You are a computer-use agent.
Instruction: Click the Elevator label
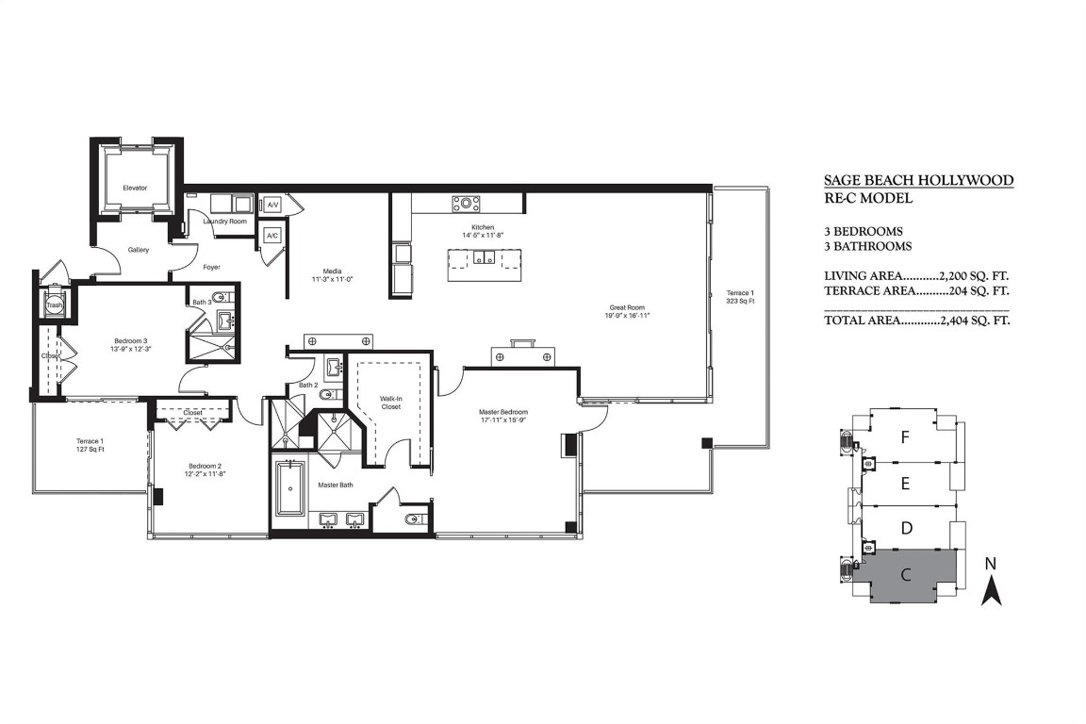[135, 188]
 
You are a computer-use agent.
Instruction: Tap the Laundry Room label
[225, 222]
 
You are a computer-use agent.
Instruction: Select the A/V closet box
[272, 205]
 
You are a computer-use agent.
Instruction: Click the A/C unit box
[271, 235]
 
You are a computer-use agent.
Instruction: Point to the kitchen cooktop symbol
[466, 204]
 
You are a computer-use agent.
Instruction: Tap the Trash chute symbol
[54, 304]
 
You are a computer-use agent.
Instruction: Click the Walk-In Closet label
[390, 403]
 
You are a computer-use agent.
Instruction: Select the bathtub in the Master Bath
[289, 488]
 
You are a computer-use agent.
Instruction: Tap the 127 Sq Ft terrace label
[90, 445]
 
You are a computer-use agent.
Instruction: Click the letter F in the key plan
[905, 437]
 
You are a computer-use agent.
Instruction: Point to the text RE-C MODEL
[867, 199]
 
